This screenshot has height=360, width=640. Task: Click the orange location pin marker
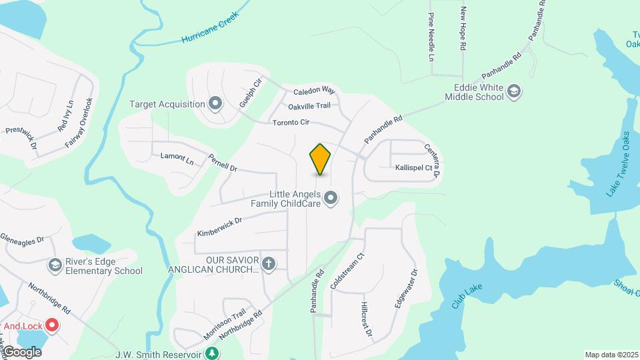click(321, 159)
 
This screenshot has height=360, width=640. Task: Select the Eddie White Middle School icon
click(514, 91)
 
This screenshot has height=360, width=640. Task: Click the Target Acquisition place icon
click(215, 103)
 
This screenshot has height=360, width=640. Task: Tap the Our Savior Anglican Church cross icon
click(269, 264)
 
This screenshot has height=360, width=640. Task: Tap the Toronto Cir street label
click(291, 123)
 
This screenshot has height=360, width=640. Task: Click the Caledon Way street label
click(313, 89)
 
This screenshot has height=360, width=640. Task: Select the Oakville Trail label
click(309, 106)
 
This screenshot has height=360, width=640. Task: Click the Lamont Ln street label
click(177, 159)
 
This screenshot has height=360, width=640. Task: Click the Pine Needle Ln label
click(431, 37)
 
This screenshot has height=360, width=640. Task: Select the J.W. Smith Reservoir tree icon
click(212, 353)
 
